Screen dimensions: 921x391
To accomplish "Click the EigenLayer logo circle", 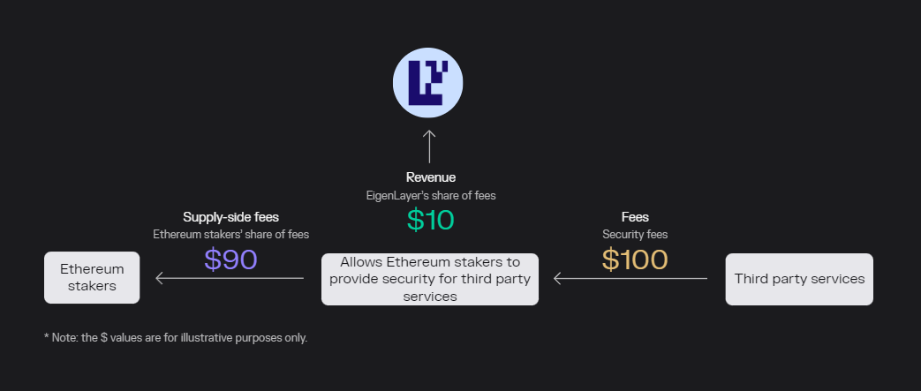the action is [427, 83].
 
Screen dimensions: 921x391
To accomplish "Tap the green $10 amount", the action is [431, 220].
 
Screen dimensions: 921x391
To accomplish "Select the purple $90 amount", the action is [230, 259].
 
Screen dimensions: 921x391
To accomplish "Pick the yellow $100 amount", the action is [635, 259].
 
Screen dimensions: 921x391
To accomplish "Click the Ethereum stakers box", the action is [92, 278].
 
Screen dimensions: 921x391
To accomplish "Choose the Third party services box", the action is [799, 279].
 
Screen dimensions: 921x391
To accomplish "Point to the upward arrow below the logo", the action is [429, 147].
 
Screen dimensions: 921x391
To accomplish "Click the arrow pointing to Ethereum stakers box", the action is [230, 278].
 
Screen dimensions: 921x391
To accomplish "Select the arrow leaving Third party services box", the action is [630, 278].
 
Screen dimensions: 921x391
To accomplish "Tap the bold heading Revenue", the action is [431, 177].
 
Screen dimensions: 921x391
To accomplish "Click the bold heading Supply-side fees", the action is [230, 217].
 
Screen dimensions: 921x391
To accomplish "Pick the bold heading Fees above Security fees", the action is [635, 217].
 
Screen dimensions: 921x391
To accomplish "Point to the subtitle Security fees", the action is [635, 234].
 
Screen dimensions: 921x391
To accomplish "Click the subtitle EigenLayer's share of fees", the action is [431, 196].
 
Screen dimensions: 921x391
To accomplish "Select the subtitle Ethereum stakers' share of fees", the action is [230, 234].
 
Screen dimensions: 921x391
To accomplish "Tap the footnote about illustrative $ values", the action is [176, 337].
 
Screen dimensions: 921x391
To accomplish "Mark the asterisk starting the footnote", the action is [47, 336].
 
